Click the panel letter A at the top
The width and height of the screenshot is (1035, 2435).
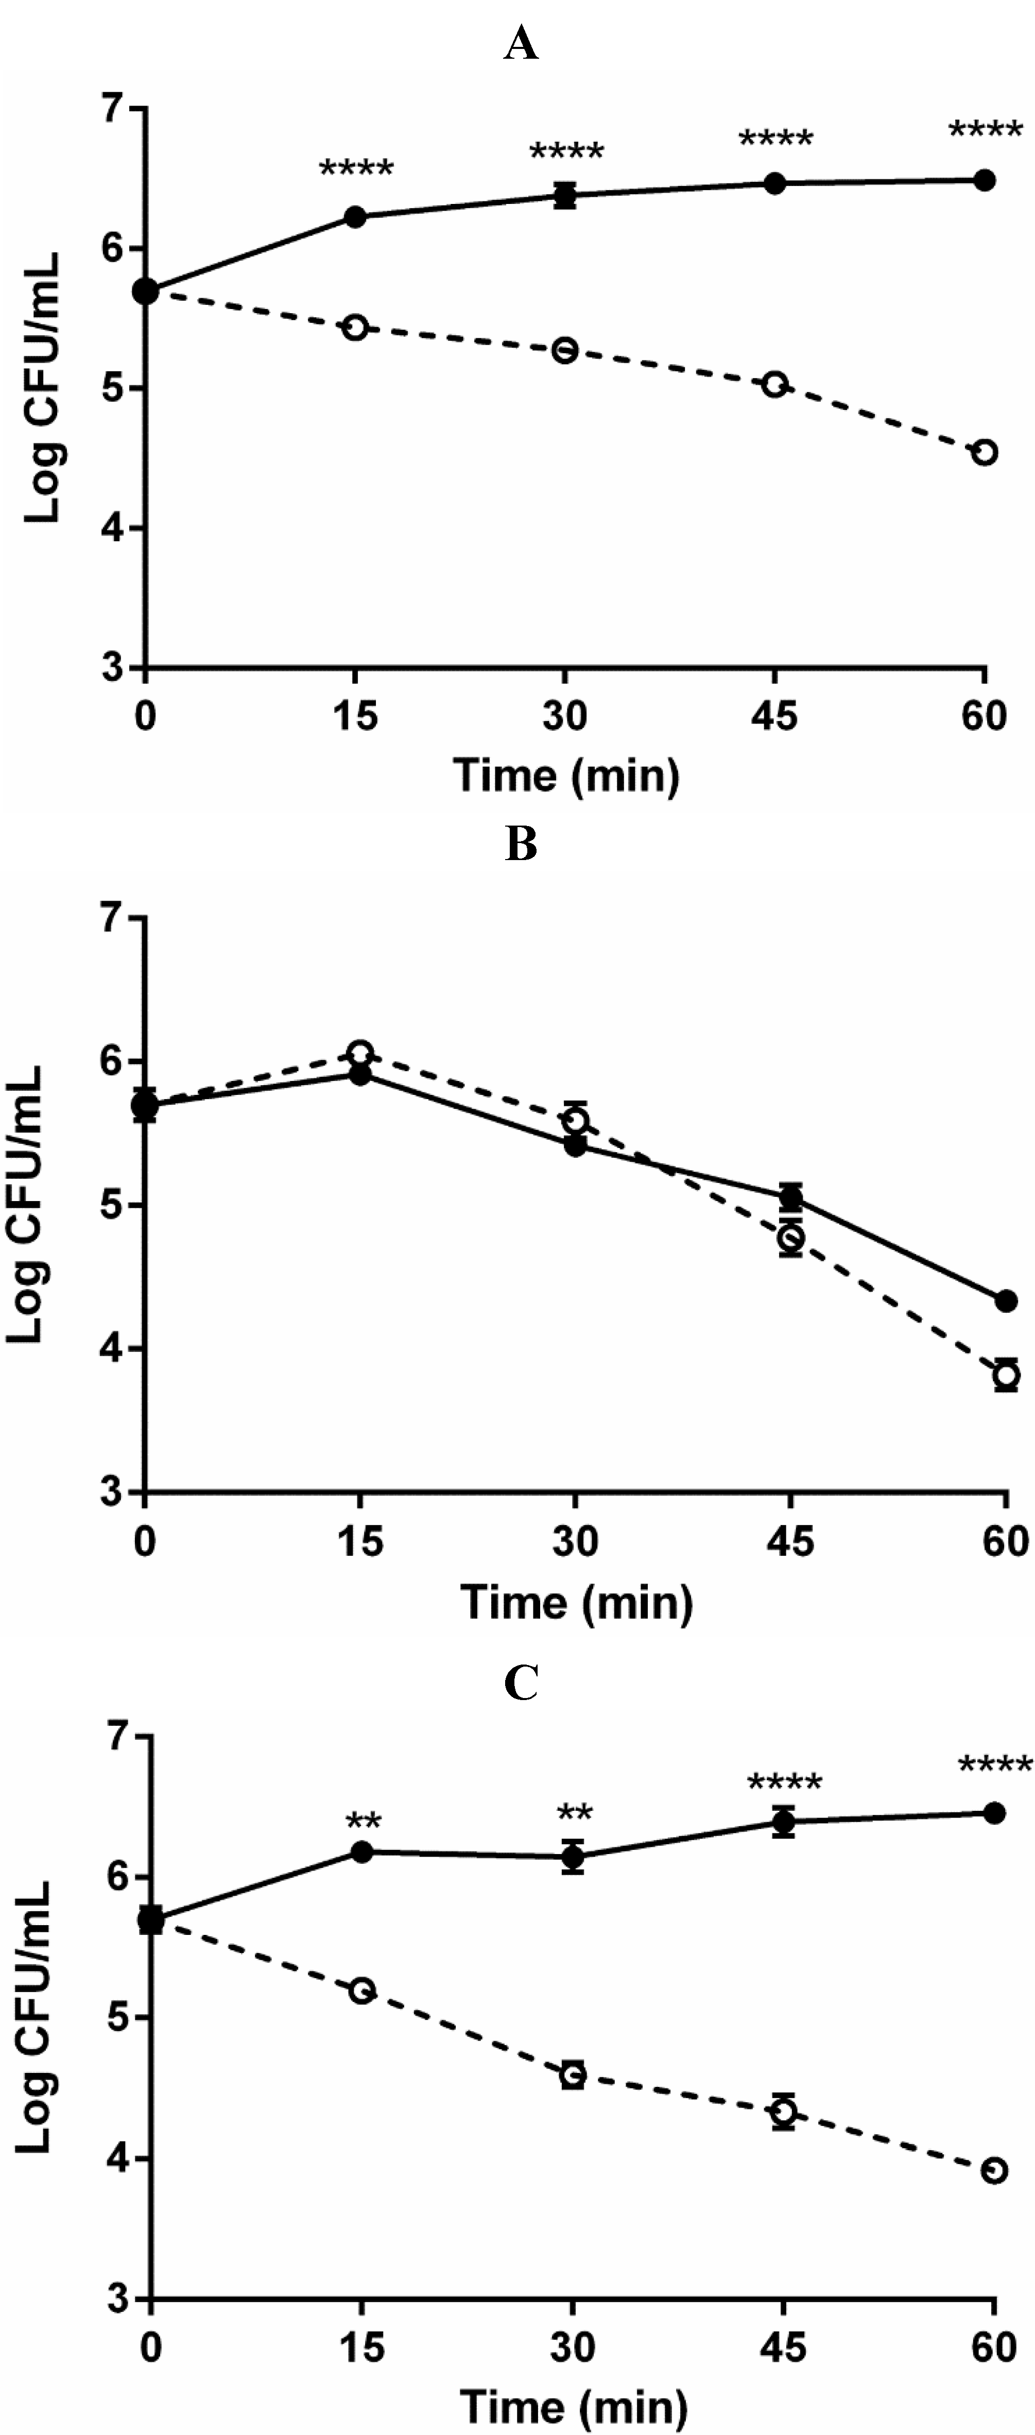click(521, 43)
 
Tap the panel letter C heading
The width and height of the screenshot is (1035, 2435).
click(521, 1682)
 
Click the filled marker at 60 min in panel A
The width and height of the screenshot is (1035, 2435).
click(984, 180)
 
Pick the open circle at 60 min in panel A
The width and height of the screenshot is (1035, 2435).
click(984, 452)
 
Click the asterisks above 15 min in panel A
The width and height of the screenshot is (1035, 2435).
click(355, 170)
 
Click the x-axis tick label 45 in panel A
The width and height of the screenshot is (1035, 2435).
click(774, 715)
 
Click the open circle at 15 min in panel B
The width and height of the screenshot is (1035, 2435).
click(360, 1052)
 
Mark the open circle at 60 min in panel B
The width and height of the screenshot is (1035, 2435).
click(1006, 1374)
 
